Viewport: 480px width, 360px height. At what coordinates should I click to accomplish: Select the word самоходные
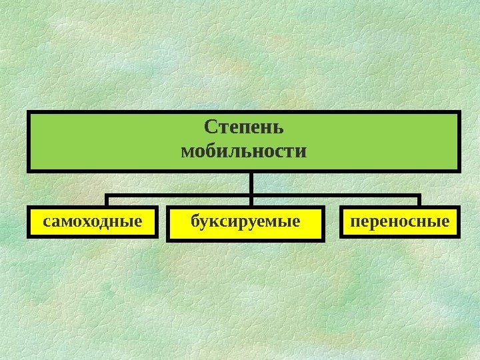[93, 219]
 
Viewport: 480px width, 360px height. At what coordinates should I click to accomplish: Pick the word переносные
[401, 219]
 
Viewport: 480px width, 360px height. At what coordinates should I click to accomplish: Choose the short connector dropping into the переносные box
[419, 201]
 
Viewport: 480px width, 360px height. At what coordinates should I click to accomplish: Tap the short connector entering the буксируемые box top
[251, 202]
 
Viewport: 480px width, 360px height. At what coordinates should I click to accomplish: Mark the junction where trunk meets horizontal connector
[251, 195]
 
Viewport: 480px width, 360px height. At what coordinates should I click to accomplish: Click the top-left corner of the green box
[29, 112]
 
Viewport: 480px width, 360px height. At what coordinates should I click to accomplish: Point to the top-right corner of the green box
[460, 112]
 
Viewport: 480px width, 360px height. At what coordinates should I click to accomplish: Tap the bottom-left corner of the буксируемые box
[167, 239]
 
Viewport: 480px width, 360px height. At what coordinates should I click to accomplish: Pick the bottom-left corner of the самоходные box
[29, 237]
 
